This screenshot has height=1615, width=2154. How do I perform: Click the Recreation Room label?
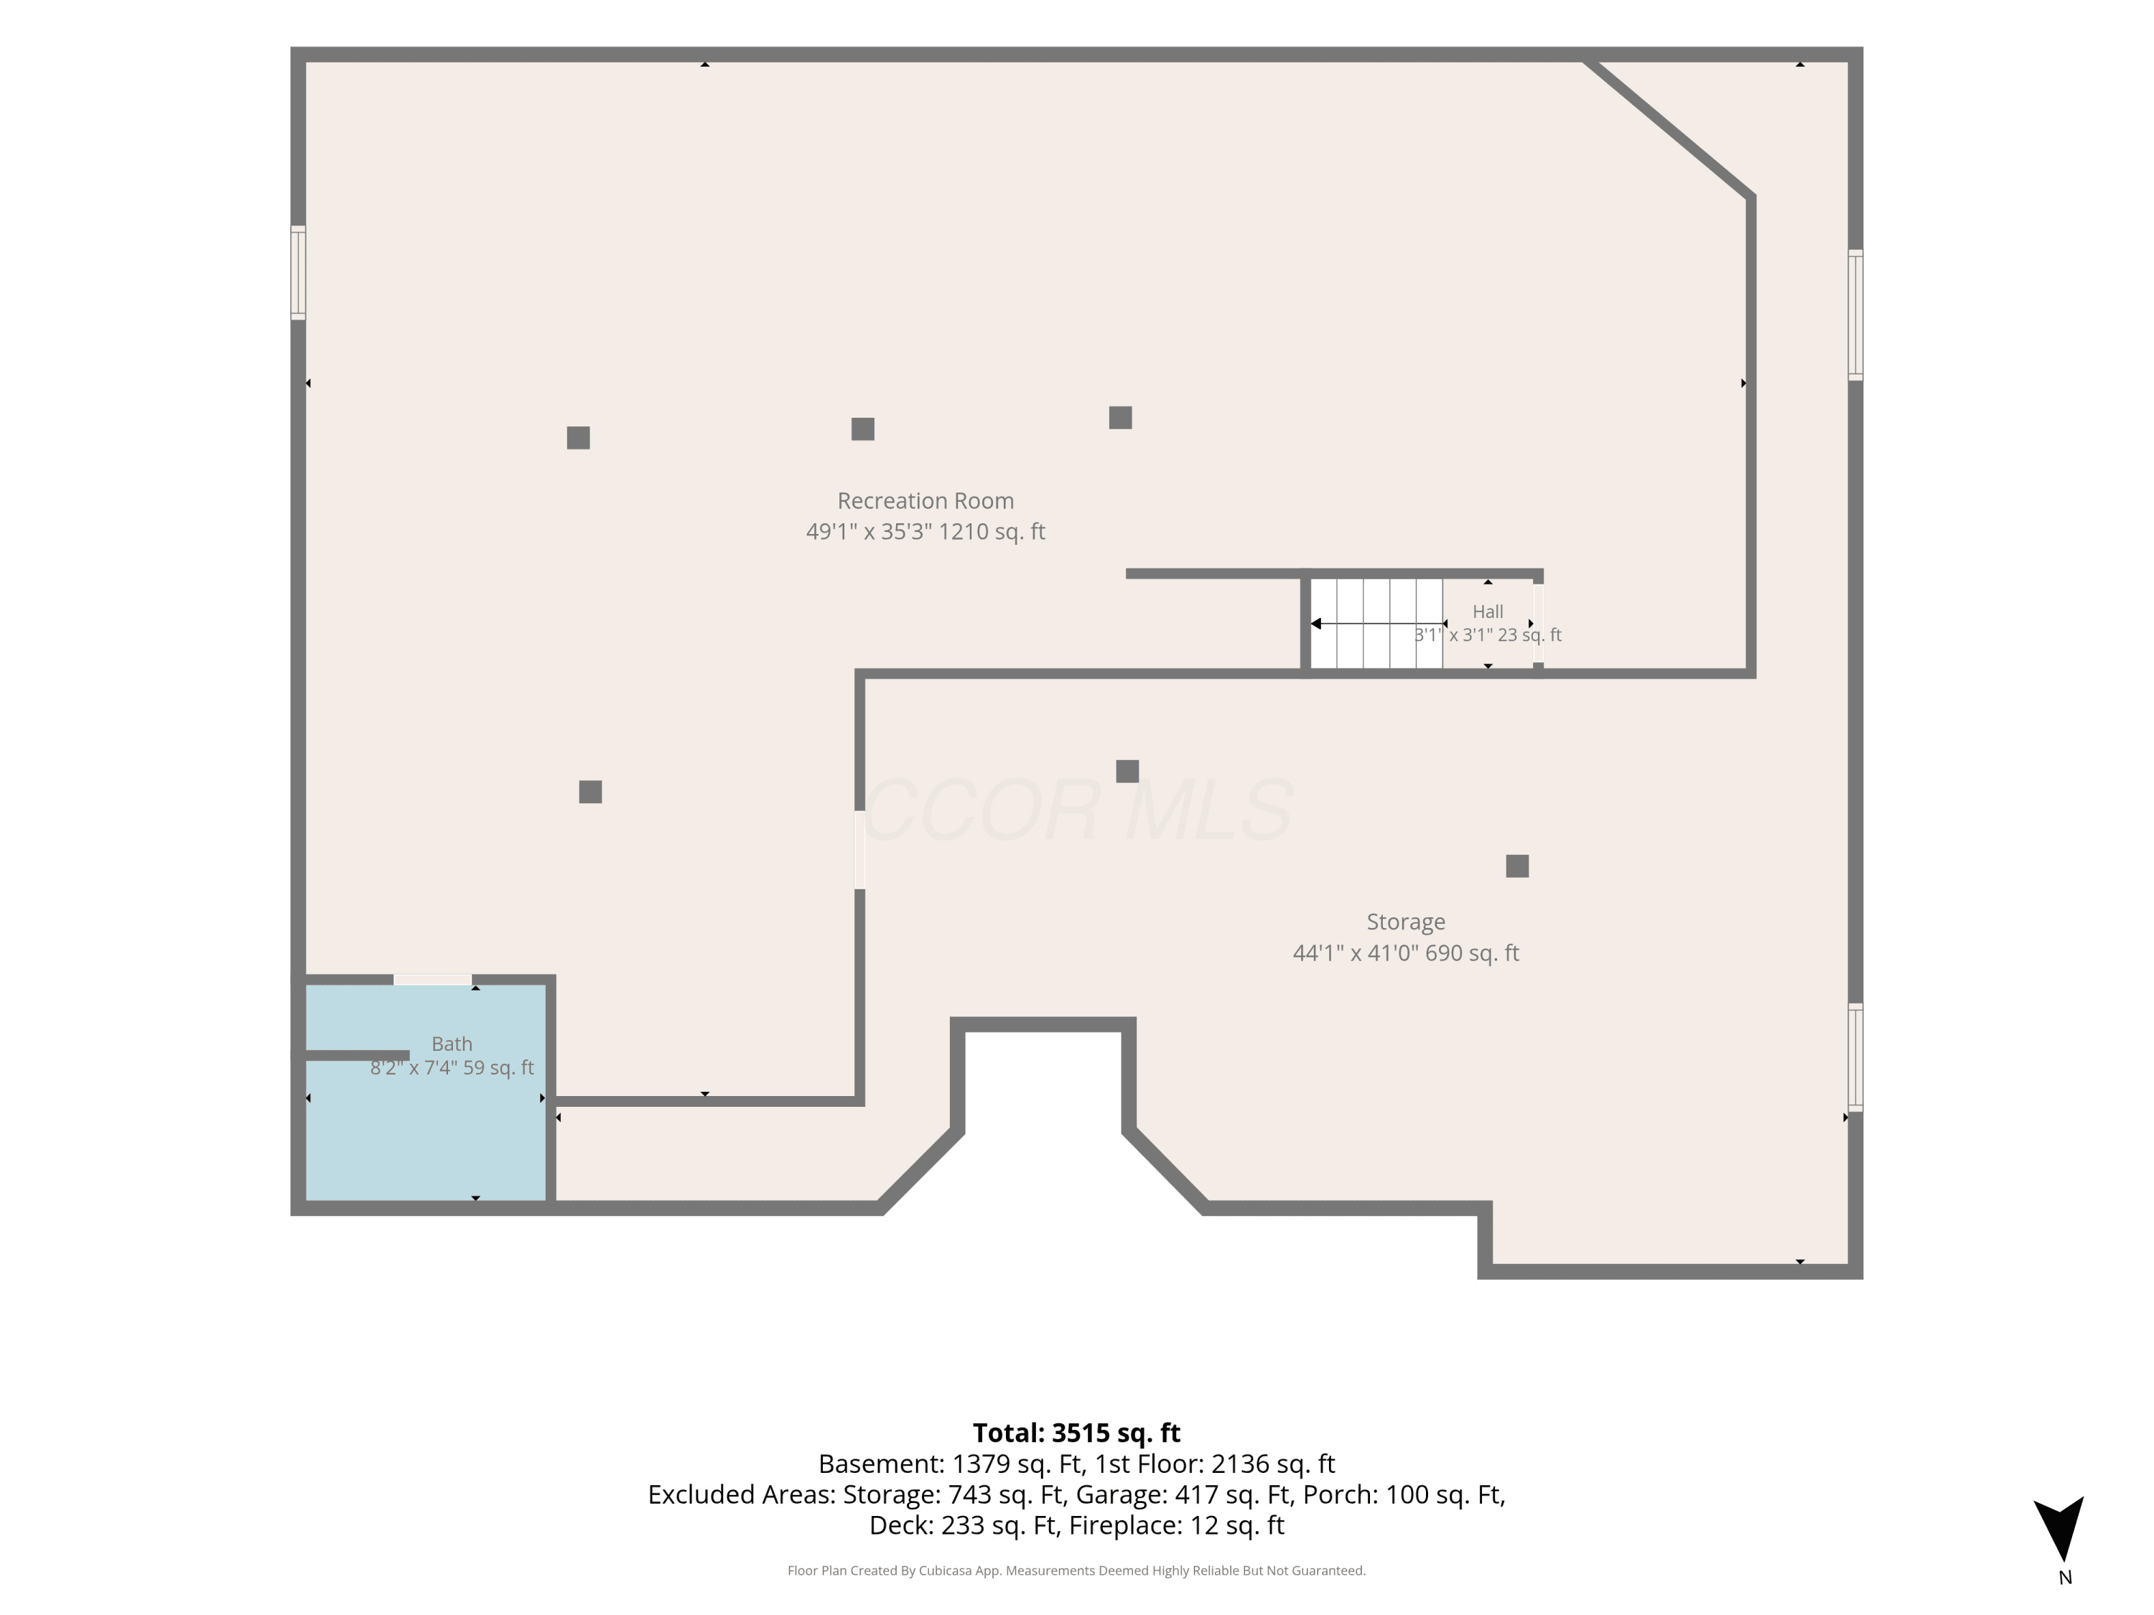925,501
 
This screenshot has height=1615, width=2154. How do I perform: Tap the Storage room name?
1405,922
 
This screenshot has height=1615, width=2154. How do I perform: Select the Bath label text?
452,1044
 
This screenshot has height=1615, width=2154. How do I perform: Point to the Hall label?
1487,612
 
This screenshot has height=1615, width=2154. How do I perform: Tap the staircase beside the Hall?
1376,624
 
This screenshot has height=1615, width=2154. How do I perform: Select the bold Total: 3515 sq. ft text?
1076,1433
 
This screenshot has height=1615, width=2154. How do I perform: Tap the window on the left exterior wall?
298,273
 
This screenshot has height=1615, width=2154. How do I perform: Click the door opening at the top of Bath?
432,979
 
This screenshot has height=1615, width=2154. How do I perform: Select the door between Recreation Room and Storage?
860,850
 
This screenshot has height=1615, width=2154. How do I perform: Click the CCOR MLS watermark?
1077,810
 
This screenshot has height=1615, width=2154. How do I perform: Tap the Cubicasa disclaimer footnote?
1076,1570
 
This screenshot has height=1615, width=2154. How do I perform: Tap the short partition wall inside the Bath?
358,1055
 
